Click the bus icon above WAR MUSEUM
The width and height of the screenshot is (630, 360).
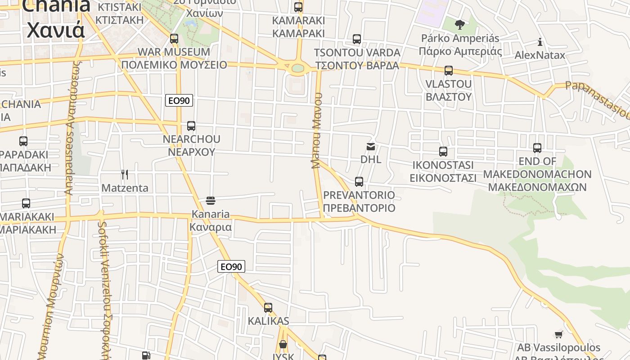tap(174, 39)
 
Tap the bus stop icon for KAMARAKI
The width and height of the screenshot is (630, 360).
tap(298, 7)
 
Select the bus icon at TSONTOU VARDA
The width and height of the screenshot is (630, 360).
tap(357, 39)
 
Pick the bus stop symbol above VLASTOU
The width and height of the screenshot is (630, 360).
tap(449, 71)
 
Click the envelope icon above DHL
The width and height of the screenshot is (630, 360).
tap(371, 146)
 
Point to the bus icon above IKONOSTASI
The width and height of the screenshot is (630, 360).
tap(443, 152)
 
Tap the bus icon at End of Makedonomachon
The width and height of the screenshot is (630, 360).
tap(537, 148)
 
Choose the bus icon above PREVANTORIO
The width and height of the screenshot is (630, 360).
tap(359, 182)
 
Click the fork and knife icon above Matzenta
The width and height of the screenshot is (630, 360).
tap(125, 175)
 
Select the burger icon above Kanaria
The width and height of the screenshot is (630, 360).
tap(211, 200)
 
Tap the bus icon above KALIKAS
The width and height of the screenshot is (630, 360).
tap(268, 308)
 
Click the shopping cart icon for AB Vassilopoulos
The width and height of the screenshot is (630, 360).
tap(558, 334)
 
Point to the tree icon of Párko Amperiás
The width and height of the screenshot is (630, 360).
tap(459, 24)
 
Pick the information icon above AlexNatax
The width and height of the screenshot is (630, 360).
tap(540, 42)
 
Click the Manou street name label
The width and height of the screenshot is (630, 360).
tap(317, 130)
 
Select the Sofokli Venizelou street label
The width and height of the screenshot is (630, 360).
tap(105, 288)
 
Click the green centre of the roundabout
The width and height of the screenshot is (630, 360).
tap(298, 68)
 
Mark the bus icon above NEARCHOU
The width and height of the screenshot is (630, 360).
tap(191, 126)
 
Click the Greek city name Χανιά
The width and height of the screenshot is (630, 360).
tap(56, 30)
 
